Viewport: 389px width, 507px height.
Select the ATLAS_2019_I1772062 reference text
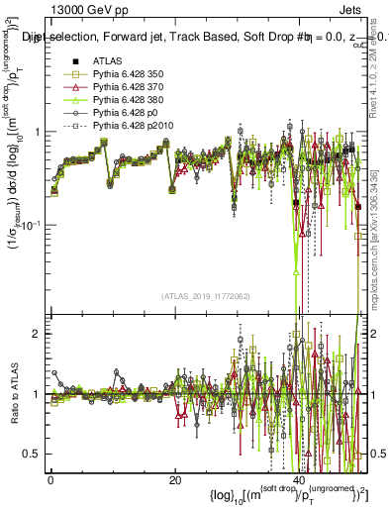click(204, 295)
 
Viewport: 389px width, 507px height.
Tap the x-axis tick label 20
click(175, 481)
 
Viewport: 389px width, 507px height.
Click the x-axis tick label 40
click(301, 481)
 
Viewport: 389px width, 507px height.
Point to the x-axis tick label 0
click(50, 481)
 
